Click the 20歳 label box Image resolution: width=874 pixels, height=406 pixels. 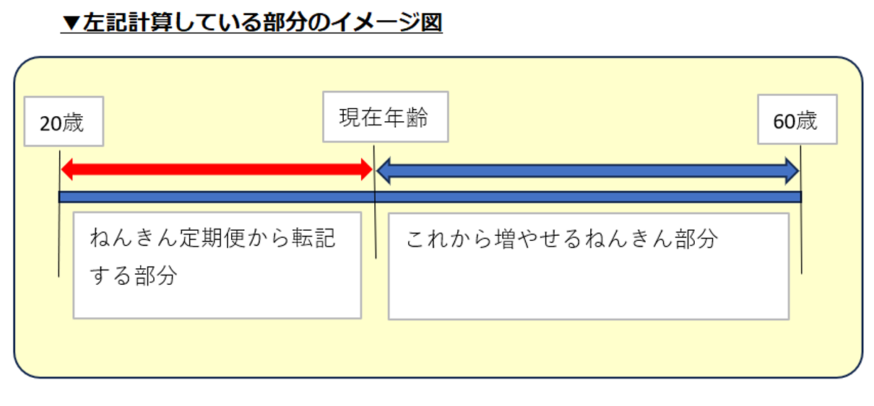(64, 121)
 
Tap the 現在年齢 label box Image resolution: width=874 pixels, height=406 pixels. (385, 116)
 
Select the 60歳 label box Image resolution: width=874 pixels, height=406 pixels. (797, 119)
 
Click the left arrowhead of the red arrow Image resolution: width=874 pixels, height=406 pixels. (67, 170)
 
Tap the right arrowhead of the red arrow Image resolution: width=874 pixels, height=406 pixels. (365, 170)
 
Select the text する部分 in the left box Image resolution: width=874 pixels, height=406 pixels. (134, 275)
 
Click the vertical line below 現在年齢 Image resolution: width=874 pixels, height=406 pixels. (375, 216)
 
